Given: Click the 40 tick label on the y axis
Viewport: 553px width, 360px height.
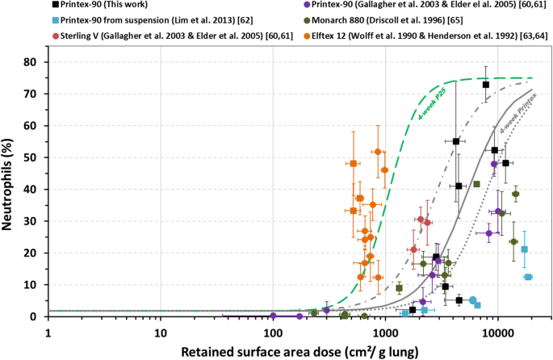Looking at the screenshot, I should click(32, 190).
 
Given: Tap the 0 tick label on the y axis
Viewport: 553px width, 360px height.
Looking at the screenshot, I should click(36, 316).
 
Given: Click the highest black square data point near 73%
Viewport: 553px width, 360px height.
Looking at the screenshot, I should click(486, 85).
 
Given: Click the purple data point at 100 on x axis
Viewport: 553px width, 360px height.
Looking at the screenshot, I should click(273, 316).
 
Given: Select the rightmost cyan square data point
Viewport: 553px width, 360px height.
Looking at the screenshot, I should click(528, 277).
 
